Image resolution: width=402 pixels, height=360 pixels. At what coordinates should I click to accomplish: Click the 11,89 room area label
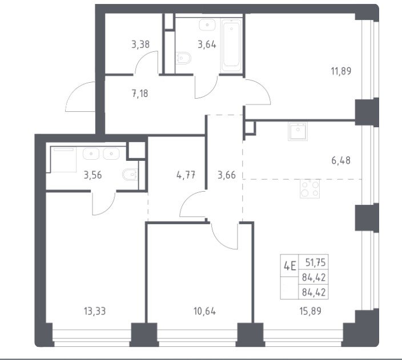341,71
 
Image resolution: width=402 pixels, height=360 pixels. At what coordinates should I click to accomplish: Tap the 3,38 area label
140,45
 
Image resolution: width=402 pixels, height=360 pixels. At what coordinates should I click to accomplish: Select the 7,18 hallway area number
140,93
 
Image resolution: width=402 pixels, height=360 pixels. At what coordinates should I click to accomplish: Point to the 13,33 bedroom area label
95,312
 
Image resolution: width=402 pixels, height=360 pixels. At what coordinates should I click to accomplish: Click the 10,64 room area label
204,312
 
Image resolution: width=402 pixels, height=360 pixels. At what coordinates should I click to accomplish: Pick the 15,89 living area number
310,312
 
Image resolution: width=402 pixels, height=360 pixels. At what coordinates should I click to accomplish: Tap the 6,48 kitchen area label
341,161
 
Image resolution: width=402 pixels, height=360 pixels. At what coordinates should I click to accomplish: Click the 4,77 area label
186,175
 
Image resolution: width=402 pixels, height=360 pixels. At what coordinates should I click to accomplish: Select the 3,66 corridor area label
227,175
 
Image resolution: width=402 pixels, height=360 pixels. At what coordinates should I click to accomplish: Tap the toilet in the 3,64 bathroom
183,58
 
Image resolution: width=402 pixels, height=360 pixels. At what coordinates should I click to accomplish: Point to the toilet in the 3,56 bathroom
130,175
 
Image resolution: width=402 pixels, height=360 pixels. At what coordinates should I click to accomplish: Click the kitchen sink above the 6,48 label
298,131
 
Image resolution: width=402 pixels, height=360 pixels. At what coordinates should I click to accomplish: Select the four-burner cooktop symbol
310,189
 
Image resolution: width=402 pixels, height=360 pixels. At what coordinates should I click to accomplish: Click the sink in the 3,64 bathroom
207,25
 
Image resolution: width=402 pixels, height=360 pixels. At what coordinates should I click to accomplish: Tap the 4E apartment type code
290,266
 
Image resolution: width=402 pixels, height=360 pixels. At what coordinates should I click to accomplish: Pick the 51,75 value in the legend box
315,262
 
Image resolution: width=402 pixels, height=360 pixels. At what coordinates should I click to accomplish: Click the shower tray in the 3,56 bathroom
63,159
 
